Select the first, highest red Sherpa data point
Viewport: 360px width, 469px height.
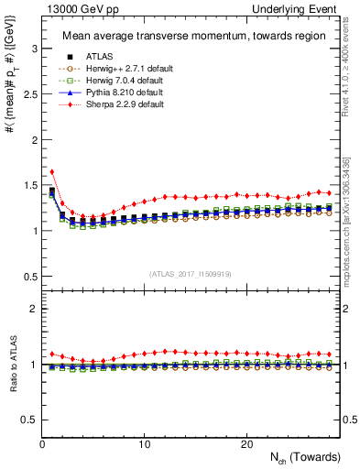pyautogui.click(x=52, y=171)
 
